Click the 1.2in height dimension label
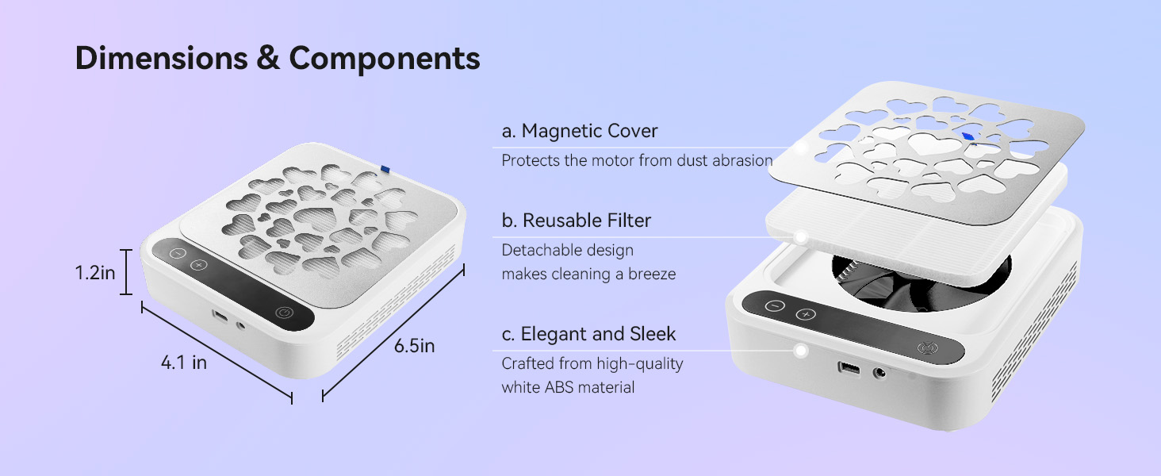click(x=95, y=274)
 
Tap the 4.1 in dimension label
click(x=184, y=363)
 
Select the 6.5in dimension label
click(x=415, y=347)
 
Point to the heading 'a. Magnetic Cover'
click(x=580, y=131)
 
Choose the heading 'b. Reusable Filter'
click(x=577, y=221)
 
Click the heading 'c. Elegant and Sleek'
click(x=589, y=334)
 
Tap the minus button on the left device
click(x=177, y=253)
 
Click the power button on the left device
click(x=285, y=313)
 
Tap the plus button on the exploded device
click(x=805, y=315)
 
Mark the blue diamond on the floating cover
click(x=967, y=136)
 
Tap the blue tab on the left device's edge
click(x=385, y=168)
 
